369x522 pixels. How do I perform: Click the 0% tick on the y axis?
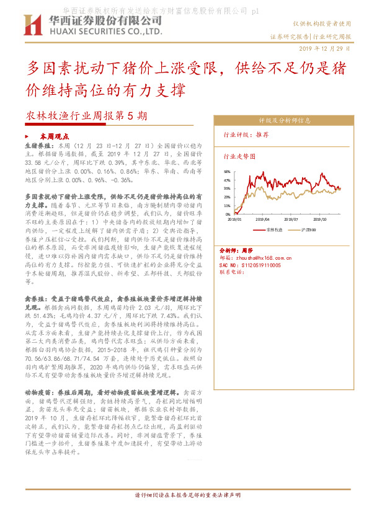tap(228, 214)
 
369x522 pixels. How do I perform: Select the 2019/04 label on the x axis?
tap(263, 219)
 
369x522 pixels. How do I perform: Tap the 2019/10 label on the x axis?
tap(320, 219)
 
